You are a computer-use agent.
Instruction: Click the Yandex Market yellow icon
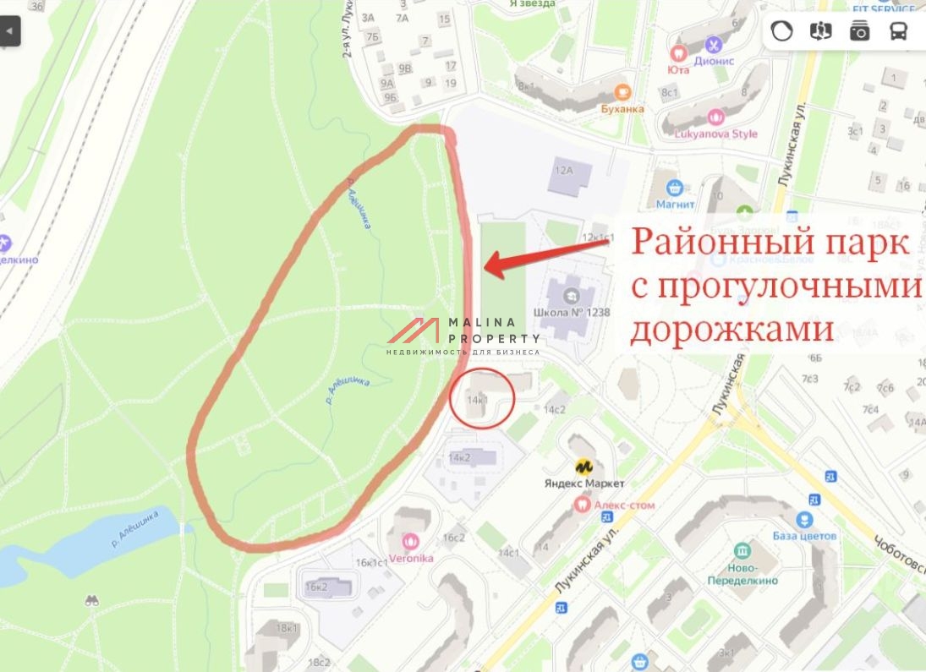583,466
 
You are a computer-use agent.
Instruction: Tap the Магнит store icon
675,187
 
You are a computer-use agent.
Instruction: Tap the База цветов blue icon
804,519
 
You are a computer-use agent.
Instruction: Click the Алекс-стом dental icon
581,504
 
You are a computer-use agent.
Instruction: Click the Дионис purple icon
715,44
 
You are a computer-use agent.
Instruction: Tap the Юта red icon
677,53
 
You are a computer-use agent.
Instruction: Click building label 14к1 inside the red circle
478,397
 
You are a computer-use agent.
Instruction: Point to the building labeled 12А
563,170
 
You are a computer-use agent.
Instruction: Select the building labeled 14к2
461,457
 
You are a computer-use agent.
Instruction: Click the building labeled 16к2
316,586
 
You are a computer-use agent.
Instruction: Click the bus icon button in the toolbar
898,31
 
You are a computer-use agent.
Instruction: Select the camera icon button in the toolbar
860,31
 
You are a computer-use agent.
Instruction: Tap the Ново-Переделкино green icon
742,549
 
